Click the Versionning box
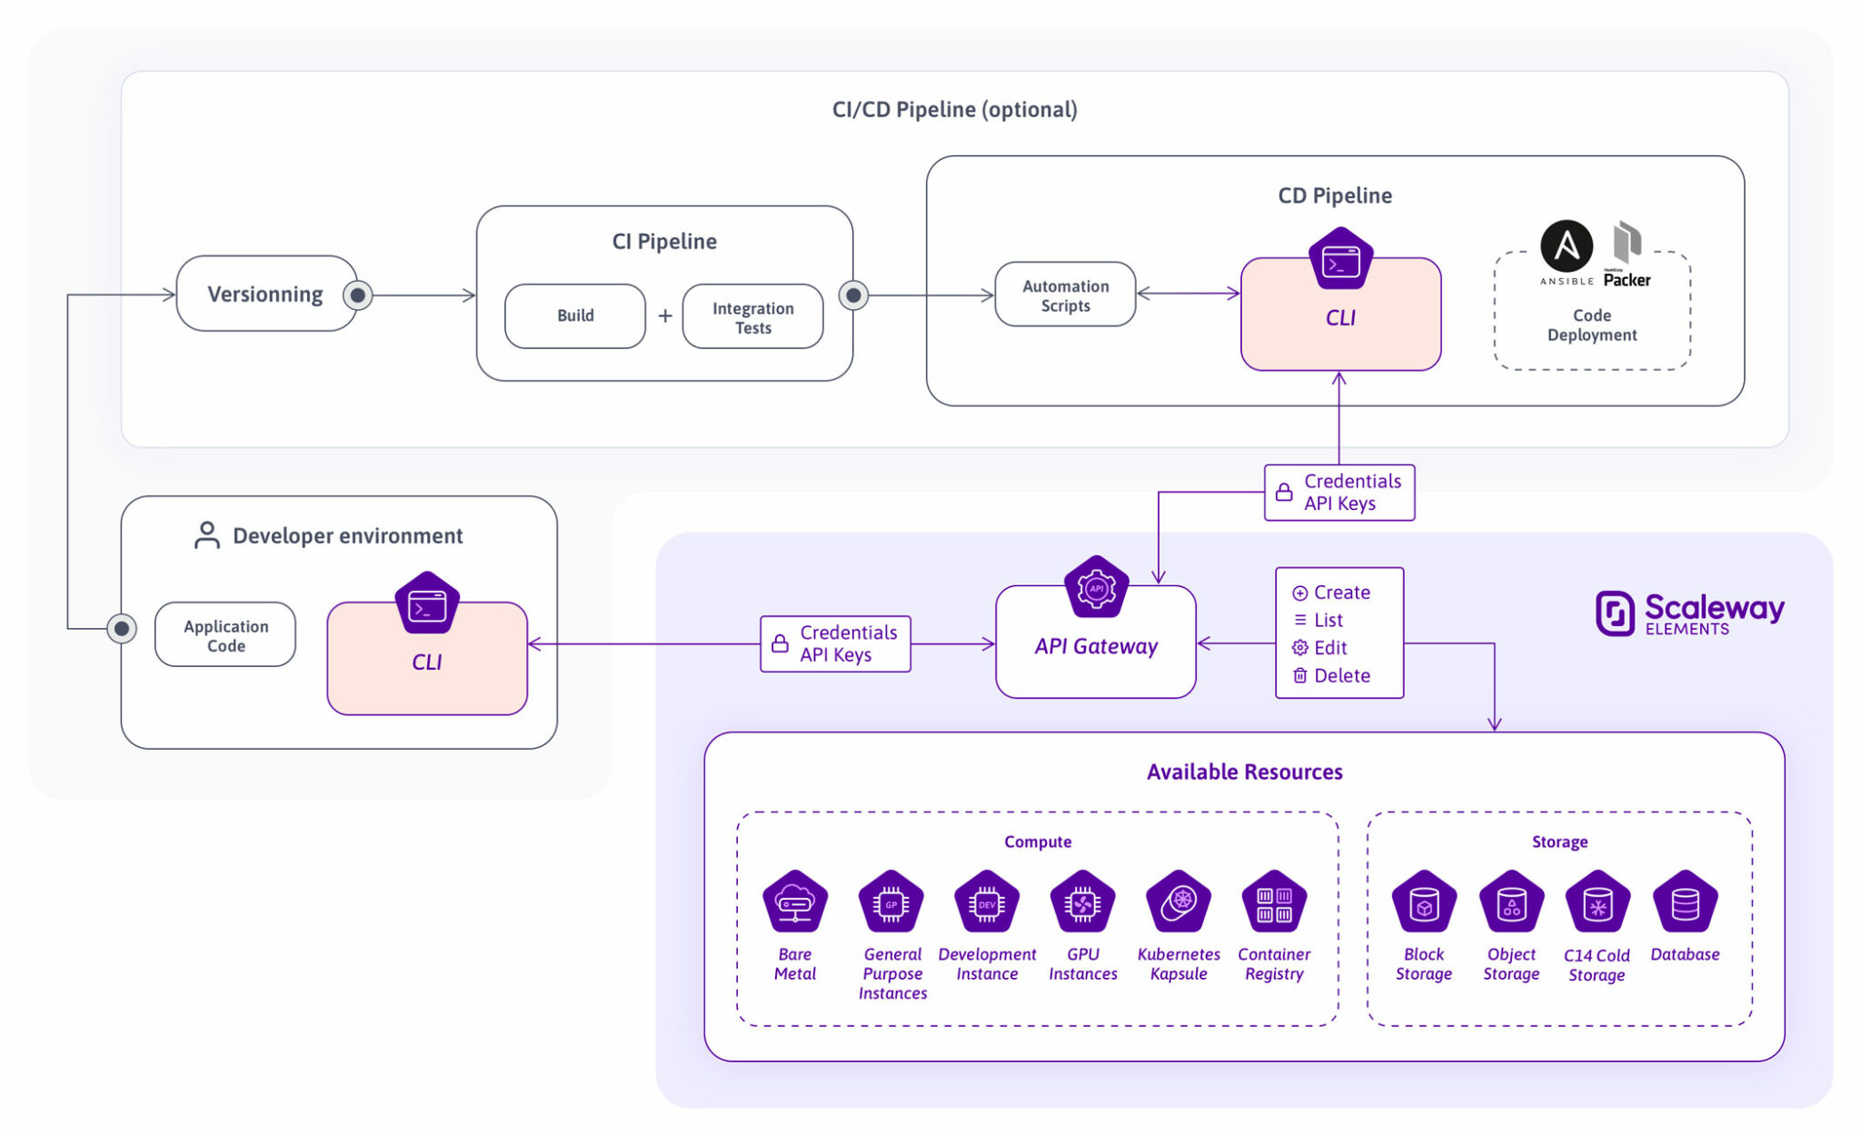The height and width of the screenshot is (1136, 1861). pos(265,294)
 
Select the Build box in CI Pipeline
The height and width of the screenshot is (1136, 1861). pos(575,315)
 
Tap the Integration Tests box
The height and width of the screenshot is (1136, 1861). pos(752,317)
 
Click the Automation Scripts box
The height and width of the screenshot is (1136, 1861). pos(1065,295)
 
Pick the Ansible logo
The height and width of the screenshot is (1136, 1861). pos(1566,247)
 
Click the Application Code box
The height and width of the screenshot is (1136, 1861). pos(225,635)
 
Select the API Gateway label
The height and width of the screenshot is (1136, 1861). pos(1096,646)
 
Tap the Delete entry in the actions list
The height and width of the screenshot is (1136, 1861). pos(1340,675)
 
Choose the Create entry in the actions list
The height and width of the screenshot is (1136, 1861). pos(1340,593)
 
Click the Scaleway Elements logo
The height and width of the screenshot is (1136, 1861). pos(1688,613)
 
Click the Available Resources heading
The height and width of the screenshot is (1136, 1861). pos(1244,772)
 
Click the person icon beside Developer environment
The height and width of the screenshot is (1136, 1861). pos(207,535)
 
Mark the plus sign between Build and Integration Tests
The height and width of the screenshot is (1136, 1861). pos(665,315)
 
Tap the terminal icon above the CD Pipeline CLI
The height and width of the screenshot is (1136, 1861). pos(1340,262)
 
